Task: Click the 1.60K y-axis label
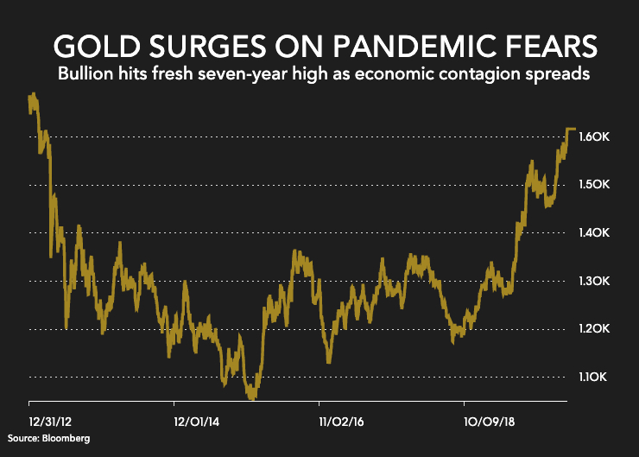pos(597,137)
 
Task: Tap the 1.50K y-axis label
pos(597,185)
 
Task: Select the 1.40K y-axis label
pos(597,233)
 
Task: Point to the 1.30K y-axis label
pos(597,282)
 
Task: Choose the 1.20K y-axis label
pos(597,329)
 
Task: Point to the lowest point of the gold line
pos(251,398)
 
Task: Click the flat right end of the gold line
pos(571,129)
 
